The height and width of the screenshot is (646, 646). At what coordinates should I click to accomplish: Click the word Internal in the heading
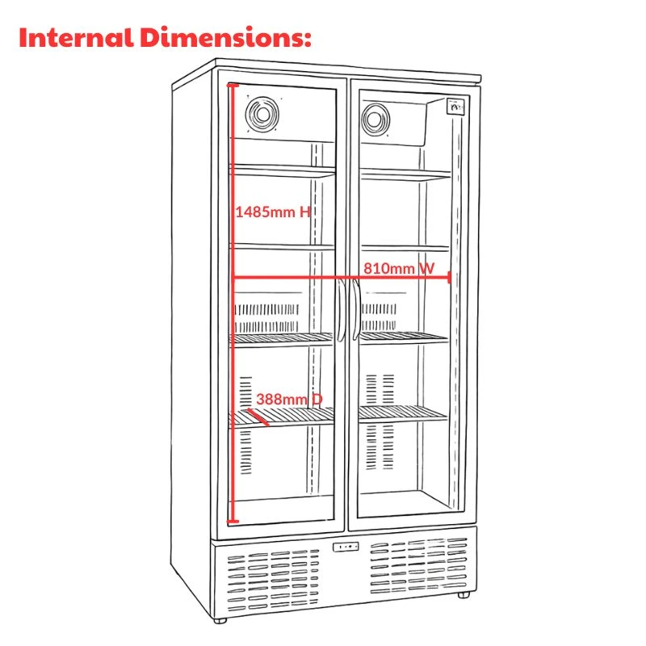coord(77,37)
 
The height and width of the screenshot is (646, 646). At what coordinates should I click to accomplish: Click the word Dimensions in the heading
coord(225,37)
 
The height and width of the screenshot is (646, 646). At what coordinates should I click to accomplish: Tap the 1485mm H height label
coord(272,212)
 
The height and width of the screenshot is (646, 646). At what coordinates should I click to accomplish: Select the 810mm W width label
coord(399,269)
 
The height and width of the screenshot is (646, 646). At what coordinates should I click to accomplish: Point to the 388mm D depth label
coord(289,399)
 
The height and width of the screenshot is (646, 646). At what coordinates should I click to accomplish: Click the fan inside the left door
coord(262,114)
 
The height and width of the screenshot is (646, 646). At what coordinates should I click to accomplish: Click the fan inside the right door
coord(375,120)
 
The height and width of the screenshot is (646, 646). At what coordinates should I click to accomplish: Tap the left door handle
coord(341,310)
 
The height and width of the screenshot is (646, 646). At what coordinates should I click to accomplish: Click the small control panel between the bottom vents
coord(346,547)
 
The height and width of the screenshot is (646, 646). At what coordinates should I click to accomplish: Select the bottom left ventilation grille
coord(273,579)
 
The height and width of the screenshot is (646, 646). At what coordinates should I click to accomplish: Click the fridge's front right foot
coord(464,595)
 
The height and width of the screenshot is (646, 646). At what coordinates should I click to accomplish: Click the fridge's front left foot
coord(220,620)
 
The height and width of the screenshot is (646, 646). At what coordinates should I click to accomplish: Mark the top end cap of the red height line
coord(233,85)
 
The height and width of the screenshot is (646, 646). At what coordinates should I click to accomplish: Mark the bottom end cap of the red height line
coord(233,522)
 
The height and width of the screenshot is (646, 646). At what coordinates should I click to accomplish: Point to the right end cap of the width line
coord(449,277)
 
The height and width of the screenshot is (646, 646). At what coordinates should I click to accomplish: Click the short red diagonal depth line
coord(258,417)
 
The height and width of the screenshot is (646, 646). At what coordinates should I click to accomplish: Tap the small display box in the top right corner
coord(455,106)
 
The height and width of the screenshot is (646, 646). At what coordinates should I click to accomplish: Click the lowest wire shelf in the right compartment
coord(403,413)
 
